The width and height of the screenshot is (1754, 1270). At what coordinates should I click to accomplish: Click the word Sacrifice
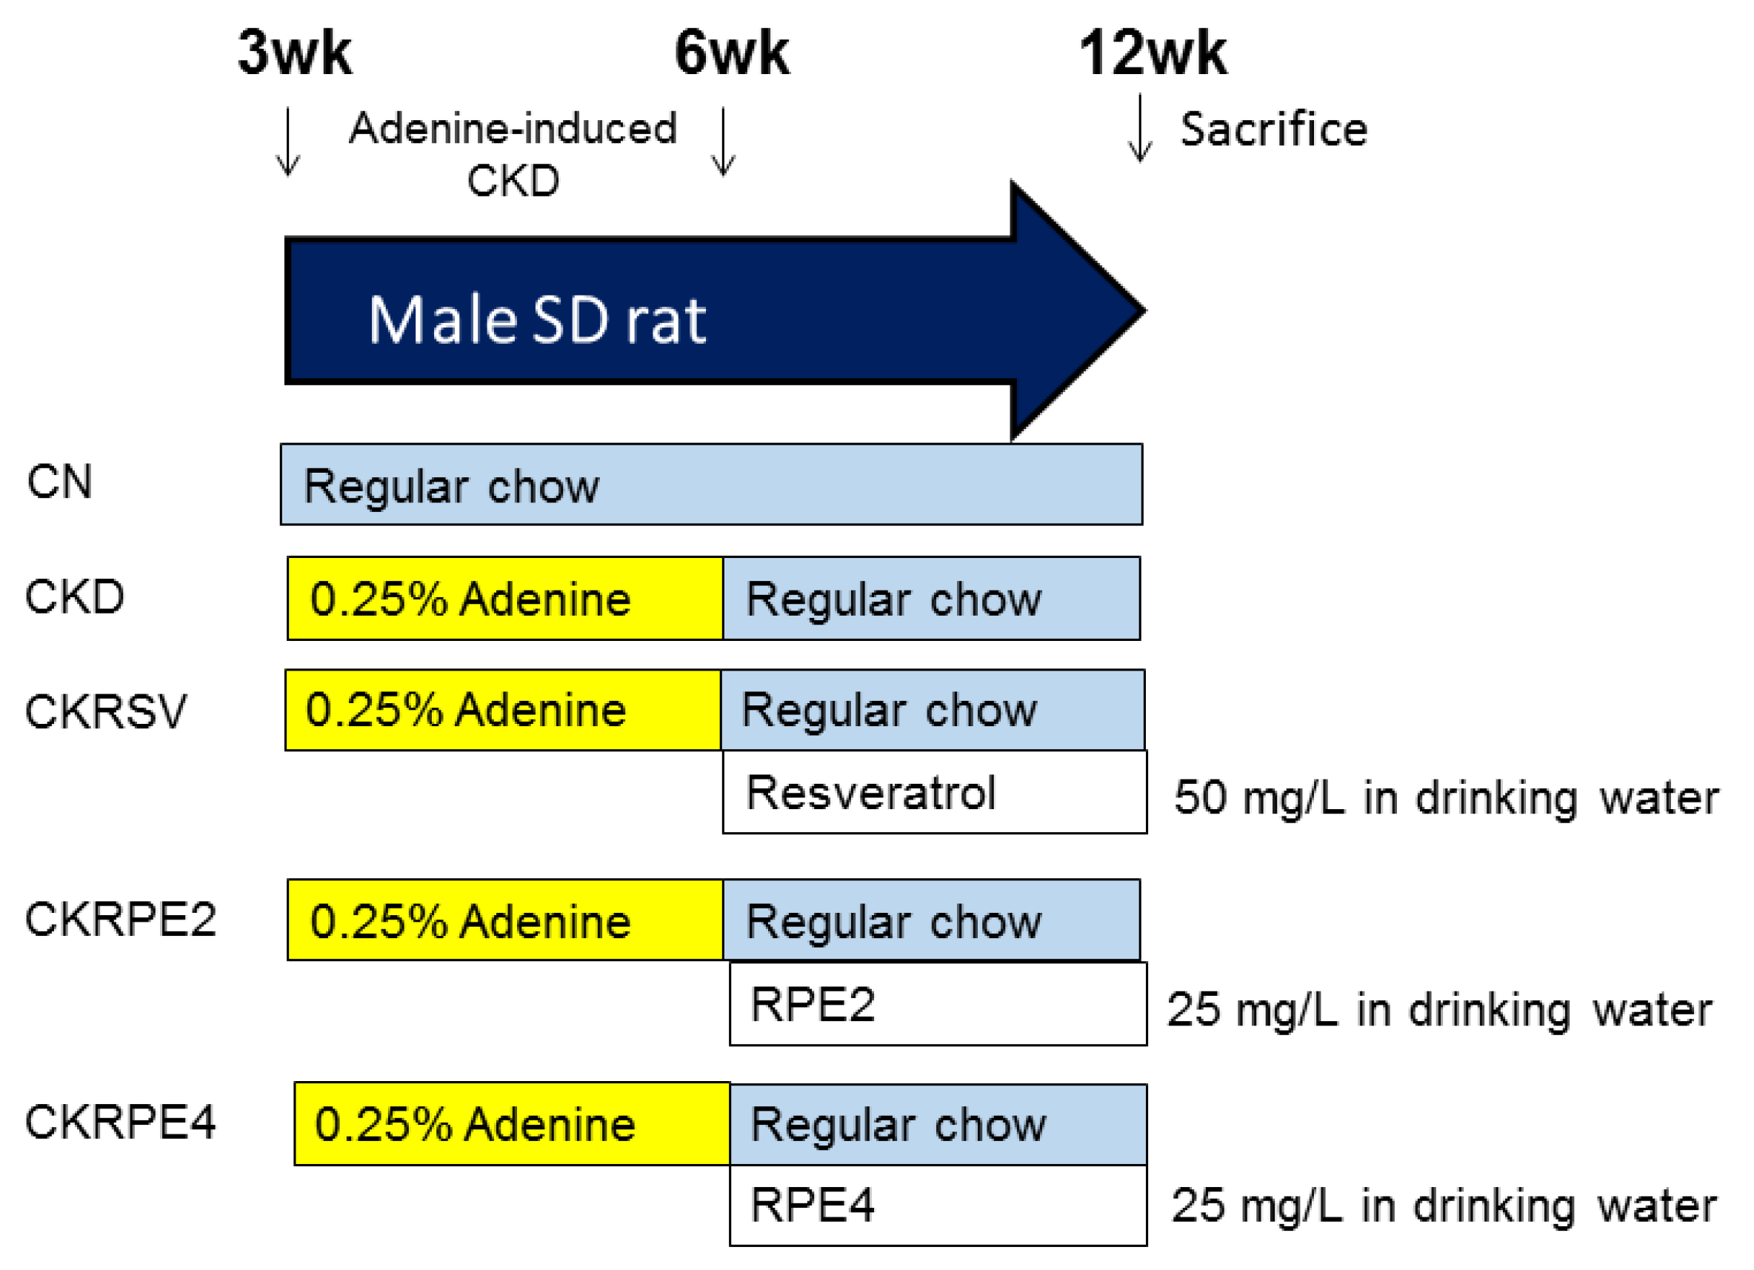coord(1273,129)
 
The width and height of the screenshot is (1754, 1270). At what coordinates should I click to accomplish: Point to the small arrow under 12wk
coord(1140,128)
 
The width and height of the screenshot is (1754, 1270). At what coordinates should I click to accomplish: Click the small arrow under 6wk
coord(723,142)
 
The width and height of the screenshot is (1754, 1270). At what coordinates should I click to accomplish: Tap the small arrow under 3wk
coord(287,142)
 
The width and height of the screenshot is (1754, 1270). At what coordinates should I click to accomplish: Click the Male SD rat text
coord(537,320)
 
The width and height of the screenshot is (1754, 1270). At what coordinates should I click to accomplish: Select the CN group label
coord(59,482)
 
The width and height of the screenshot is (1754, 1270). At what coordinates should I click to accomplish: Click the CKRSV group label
coord(106,711)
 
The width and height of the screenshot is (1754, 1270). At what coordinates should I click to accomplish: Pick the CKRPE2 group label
coord(120,920)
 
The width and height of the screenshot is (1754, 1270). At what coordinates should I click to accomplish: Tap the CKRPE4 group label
coord(120,1123)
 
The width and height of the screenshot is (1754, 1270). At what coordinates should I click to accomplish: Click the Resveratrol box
coord(934,792)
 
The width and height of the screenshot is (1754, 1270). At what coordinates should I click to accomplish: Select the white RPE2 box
coord(937,1005)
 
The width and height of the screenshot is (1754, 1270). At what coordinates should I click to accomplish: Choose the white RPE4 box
coord(937,1205)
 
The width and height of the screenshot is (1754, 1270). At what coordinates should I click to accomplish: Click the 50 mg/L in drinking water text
coord(1445,797)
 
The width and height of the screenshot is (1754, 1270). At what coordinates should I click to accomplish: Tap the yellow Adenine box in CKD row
coord(504,599)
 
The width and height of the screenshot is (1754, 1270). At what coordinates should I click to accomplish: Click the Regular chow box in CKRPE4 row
coord(937,1125)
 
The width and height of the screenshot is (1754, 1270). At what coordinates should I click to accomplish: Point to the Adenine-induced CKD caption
coord(513,153)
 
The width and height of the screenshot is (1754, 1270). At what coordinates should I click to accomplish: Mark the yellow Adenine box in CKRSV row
coord(503,710)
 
